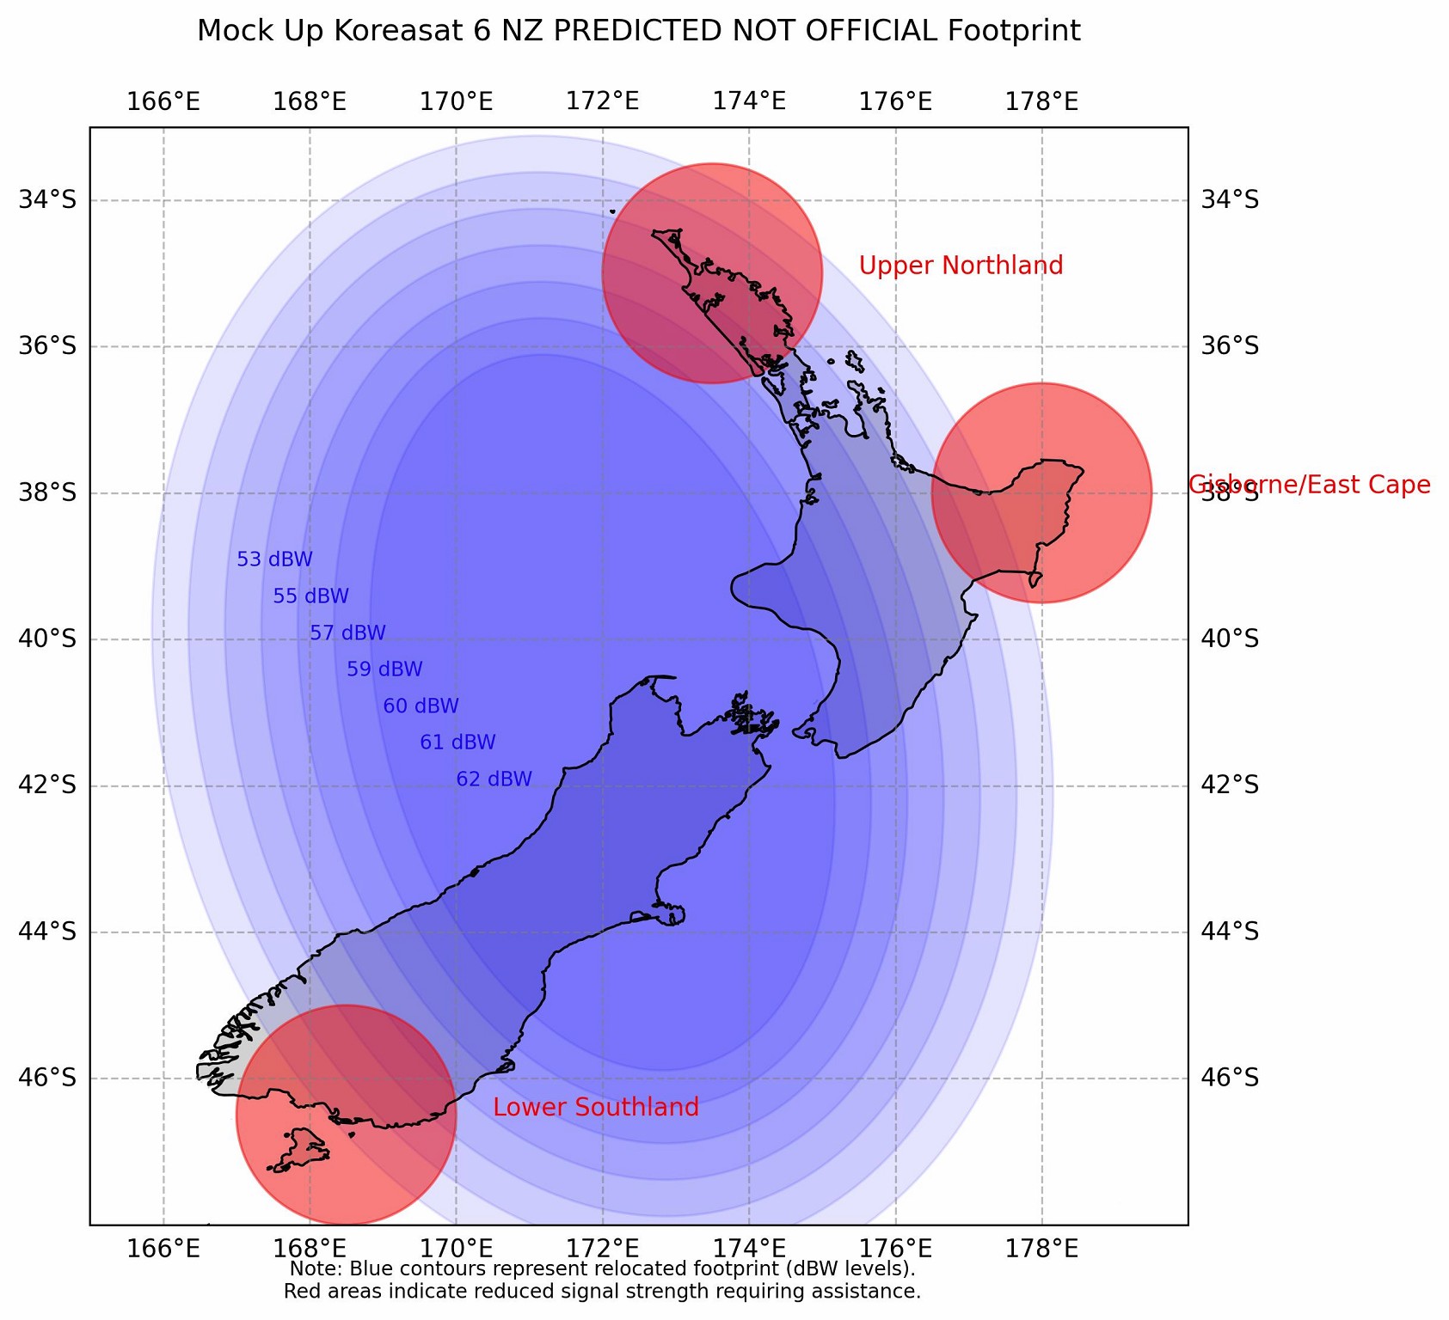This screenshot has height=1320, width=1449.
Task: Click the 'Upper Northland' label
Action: tap(961, 266)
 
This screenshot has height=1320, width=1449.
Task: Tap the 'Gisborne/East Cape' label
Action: tap(1310, 485)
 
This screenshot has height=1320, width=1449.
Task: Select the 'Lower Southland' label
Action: tap(596, 1108)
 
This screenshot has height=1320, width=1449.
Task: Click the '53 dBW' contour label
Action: tap(274, 559)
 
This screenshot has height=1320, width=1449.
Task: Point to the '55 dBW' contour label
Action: tap(311, 596)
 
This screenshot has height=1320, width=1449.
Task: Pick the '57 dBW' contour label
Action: tap(347, 633)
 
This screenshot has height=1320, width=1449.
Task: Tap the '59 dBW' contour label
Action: tap(384, 669)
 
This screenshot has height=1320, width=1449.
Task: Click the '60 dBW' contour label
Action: tap(421, 706)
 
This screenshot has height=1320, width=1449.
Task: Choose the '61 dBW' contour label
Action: tap(457, 742)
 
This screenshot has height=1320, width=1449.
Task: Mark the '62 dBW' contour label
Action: tap(494, 779)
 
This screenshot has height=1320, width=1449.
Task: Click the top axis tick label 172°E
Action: tap(603, 101)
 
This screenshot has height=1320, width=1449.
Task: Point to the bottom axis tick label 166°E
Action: tap(163, 1247)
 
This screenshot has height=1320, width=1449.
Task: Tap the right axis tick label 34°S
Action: tap(1229, 200)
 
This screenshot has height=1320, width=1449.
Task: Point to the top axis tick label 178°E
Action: tap(1042, 101)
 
